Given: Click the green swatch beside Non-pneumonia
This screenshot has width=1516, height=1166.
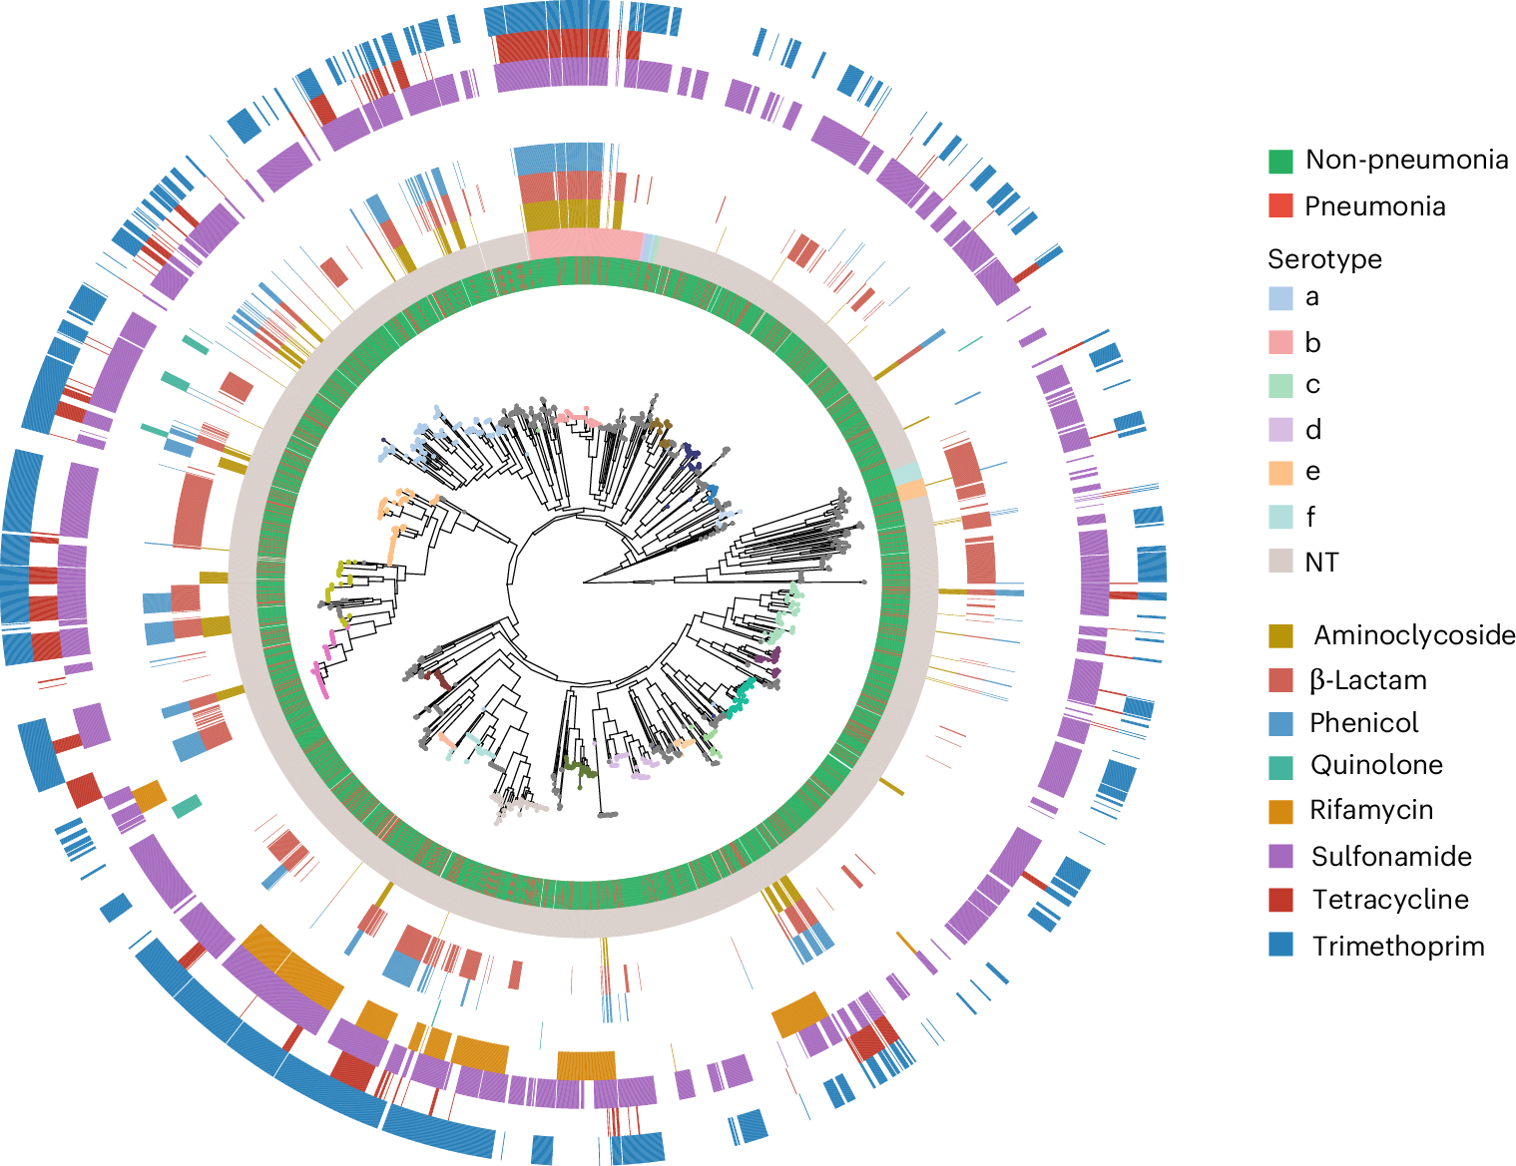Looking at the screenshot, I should pos(1280,161).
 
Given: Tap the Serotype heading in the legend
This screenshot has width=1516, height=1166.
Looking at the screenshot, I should pos(1324,259).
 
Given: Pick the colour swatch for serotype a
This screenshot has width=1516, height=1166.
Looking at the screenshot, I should pos(1280,297).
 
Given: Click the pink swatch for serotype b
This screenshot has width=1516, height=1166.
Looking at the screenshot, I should pos(1280,342).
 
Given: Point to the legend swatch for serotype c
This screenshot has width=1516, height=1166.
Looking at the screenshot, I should pos(1280,385).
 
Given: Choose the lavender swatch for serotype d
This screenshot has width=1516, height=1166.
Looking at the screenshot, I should pos(1280,430).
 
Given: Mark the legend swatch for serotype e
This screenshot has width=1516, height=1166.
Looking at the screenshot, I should pos(1280,472).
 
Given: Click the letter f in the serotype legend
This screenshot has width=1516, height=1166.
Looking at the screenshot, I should pos(1310,517).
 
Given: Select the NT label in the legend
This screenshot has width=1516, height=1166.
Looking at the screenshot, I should pos(1321,563).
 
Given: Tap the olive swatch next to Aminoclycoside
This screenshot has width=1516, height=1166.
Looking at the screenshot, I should pos(1280,635).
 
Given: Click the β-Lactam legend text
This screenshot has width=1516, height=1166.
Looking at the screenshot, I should pos(1367,680).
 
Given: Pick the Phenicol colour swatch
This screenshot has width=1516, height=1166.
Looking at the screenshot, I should pos(1280,723).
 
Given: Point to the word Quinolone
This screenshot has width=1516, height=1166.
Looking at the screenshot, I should pos(1376,765).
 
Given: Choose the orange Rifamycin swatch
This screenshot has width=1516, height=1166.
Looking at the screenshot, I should pos(1280,811).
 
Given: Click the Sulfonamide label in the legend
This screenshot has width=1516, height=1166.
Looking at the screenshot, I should pos(1391,857).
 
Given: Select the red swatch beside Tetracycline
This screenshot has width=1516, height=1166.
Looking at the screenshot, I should pos(1280,900).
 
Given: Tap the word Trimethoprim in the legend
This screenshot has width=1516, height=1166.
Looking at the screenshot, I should pos(1397,947).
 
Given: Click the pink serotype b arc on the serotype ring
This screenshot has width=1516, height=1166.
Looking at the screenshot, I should pos(584,242).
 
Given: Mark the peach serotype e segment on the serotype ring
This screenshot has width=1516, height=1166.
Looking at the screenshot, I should pos(910,491).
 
